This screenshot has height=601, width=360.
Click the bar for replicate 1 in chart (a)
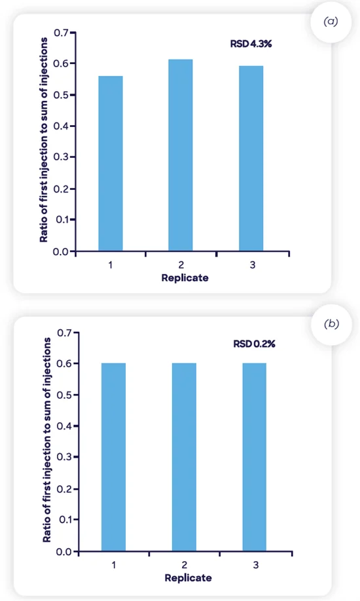[x=110, y=163]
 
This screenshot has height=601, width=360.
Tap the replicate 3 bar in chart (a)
[x=251, y=158]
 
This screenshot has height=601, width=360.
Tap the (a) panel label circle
[x=331, y=22]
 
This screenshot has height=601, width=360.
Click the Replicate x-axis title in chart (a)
[x=185, y=278]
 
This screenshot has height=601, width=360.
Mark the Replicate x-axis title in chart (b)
[x=188, y=578]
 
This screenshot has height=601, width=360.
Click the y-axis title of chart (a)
[x=45, y=139]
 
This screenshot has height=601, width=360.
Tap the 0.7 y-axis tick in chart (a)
[x=61, y=33]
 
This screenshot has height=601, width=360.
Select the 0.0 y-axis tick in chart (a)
[x=61, y=251]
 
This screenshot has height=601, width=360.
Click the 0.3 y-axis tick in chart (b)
[x=63, y=458]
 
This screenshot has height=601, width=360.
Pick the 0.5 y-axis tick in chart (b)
[x=63, y=395]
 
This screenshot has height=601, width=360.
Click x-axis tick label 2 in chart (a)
[x=181, y=265]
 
